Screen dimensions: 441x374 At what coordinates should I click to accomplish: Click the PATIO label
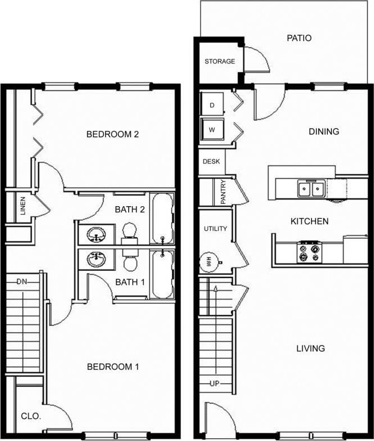[299, 39]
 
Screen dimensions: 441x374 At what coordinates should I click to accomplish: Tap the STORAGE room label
[219, 61]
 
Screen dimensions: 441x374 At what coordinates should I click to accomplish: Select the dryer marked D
[213, 105]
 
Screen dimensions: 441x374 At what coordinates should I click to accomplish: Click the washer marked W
[213, 130]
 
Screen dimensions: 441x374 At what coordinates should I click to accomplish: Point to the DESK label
[211, 161]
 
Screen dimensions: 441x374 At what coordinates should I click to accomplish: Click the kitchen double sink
[310, 189]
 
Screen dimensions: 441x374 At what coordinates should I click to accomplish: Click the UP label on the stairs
[214, 384]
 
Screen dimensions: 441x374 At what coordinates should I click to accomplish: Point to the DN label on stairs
[22, 281]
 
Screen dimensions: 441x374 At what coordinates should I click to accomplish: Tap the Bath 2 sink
[97, 233]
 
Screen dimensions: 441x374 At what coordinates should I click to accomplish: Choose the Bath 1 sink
[97, 259]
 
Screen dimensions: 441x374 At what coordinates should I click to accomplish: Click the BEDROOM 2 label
[112, 135]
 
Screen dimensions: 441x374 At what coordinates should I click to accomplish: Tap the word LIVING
[310, 348]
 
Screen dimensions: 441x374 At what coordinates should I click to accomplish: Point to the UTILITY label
[215, 229]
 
